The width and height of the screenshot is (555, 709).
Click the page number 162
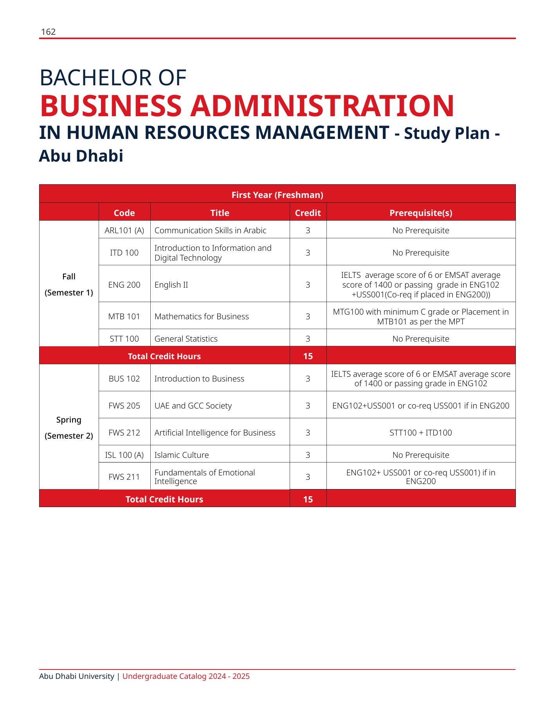pyautogui.click(x=48, y=32)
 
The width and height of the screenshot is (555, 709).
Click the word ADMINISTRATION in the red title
pyautogui.click(x=322, y=106)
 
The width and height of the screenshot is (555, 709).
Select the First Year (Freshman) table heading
pyautogui.click(x=277, y=195)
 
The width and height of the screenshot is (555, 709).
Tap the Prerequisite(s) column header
pyautogui.click(x=421, y=213)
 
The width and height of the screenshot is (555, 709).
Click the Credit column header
pyautogui.click(x=308, y=213)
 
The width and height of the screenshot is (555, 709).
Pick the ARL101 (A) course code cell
pyautogui.click(x=124, y=230)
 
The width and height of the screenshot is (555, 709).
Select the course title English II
pyautogui.click(x=171, y=285)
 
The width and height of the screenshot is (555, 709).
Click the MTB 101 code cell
pyautogui.click(x=124, y=317)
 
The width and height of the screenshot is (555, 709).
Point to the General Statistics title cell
pyautogui.click(x=186, y=339)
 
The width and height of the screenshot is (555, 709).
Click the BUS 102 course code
pyautogui.click(x=124, y=379)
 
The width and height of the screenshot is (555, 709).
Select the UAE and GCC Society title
pyautogui.click(x=193, y=406)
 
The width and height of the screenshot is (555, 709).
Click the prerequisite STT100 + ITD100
pyautogui.click(x=421, y=433)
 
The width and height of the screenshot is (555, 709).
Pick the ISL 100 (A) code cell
pyautogui.click(x=124, y=455)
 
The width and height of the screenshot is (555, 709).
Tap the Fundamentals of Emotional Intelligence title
pyautogui.click(x=205, y=477)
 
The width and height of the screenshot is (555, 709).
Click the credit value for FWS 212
pyautogui.click(x=308, y=433)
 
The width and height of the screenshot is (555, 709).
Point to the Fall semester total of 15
pyautogui.click(x=308, y=356)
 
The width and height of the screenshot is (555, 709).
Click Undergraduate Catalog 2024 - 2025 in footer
pyautogui.click(x=186, y=677)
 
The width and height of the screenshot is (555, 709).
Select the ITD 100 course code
pyautogui.click(x=124, y=253)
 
